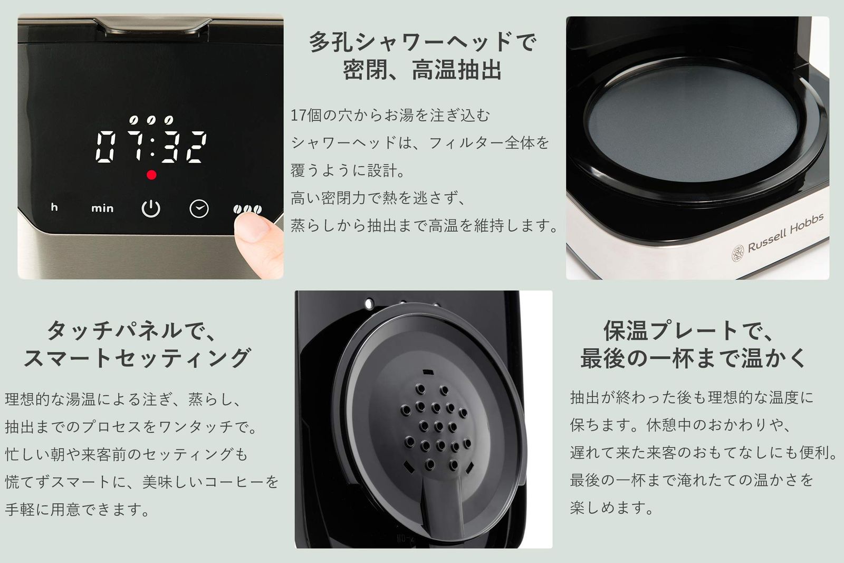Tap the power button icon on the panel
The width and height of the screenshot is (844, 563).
coord(151,208)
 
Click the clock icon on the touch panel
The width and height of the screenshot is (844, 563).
coord(199,208)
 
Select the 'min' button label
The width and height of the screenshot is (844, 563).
coord(102,208)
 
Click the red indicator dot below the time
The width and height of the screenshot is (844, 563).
coord(151,175)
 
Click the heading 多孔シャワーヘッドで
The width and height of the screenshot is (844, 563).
coord(422,42)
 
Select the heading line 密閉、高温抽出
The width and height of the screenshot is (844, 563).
coord(422,70)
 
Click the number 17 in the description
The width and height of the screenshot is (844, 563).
coord(299,115)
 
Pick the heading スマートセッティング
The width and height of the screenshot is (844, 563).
coord(137,358)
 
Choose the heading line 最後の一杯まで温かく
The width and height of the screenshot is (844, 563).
coord(694,358)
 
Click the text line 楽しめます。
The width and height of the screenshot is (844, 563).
coord(612,508)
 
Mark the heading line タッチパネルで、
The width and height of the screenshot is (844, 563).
coord(132,331)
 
